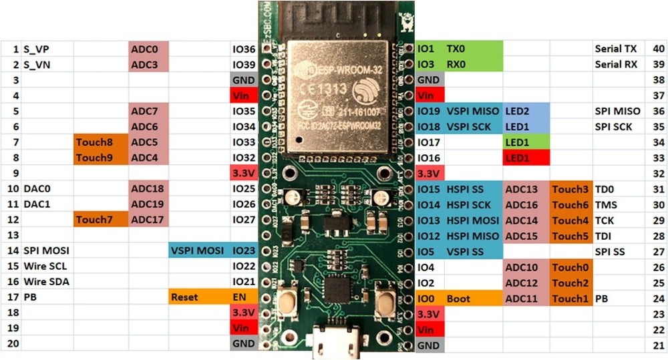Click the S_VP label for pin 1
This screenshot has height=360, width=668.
[x=36, y=49]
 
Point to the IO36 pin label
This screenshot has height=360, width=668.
[x=244, y=49]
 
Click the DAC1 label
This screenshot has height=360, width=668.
[x=36, y=204]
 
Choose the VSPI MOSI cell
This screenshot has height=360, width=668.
[x=197, y=250]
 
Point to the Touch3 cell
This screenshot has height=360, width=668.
[x=570, y=190]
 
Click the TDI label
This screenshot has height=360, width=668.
[x=604, y=236]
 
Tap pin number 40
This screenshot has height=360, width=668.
[x=658, y=49]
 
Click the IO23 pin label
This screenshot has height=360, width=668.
[x=244, y=250]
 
